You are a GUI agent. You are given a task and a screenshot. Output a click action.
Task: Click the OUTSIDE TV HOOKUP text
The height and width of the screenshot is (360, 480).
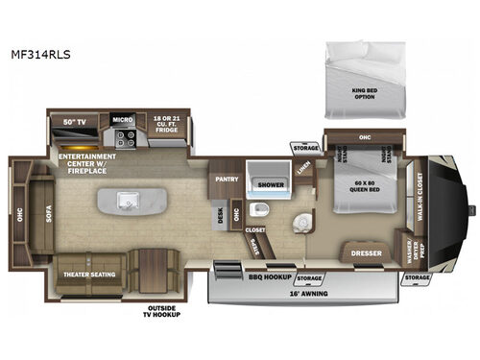(x=161, y=310)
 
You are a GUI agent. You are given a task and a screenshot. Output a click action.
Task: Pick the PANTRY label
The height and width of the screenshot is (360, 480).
(x=228, y=178)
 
